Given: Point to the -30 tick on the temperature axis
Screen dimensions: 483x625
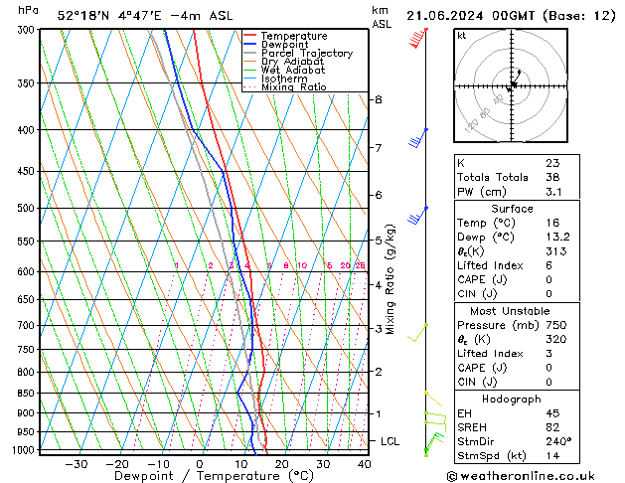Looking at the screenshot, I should pos(76,464).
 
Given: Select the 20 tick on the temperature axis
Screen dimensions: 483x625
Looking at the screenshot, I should pos(282,464).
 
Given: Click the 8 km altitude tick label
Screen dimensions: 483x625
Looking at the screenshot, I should pos(378,99).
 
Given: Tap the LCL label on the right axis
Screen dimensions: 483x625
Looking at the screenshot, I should pos(391,440).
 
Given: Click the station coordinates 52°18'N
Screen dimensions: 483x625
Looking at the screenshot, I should pos(81,15).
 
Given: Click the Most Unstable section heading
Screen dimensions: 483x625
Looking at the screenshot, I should pos(512,310).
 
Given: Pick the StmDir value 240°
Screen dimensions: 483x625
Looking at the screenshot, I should pos(557,441).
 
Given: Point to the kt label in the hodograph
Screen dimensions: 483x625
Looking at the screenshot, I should pos(461,35).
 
